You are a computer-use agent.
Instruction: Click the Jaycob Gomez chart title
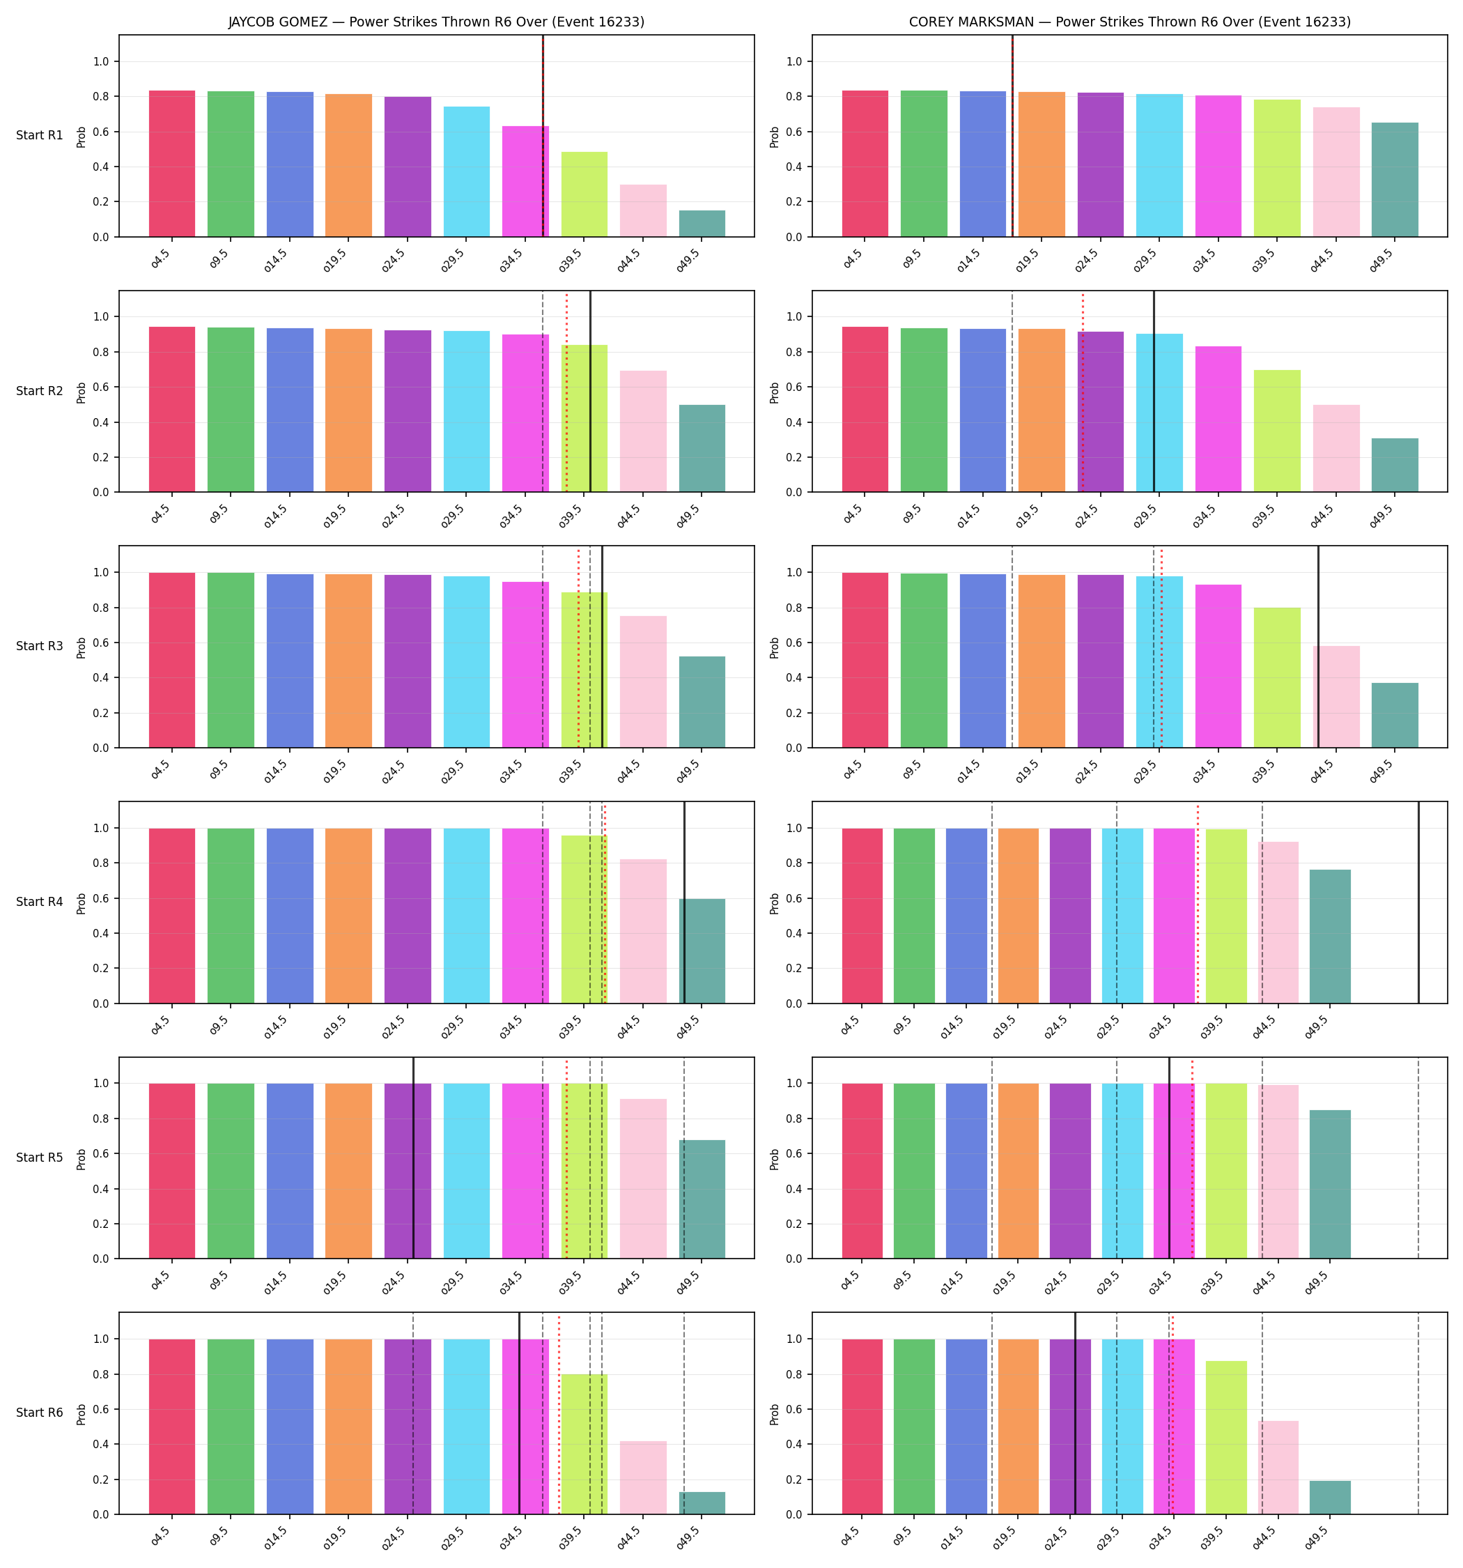coord(436,22)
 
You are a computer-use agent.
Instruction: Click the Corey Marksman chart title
coord(1129,22)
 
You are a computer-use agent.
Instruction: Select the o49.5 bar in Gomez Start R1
coord(702,223)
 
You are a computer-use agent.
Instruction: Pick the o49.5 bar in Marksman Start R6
coord(1330,1497)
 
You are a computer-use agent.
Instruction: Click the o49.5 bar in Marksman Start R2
coord(1395,466)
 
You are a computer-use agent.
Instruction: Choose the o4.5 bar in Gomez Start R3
coord(172,660)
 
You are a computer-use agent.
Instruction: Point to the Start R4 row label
coord(40,902)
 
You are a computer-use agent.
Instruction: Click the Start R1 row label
coord(40,135)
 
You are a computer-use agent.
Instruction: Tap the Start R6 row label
coord(40,1413)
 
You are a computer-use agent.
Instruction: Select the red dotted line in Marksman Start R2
coord(1083,392)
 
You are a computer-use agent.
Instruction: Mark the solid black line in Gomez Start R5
coord(413,1158)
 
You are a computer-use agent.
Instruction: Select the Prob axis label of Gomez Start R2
coord(82,392)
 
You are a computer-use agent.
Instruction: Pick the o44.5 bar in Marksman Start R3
coord(1336,696)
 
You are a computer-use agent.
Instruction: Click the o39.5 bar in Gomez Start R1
coord(585,194)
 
